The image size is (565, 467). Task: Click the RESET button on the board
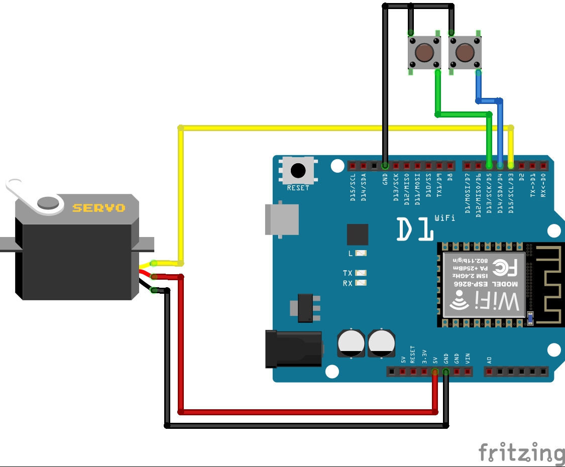click(298, 171)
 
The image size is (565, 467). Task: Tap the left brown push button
click(424, 51)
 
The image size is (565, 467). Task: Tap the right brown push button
click(465, 51)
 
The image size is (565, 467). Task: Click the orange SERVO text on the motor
click(98, 207)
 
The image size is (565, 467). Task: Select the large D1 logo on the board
click(415, 229)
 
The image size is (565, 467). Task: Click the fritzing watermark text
click(521, 453)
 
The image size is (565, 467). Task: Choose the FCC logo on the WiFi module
click(504, 268)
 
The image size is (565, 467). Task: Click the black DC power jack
click(294, 348)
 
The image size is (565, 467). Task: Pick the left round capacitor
click(352, 343)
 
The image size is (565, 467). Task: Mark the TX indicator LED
click(361, 273)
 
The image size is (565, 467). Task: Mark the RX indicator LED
click(361, 283)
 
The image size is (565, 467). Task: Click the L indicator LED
click(361, 254)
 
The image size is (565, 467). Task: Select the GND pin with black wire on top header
click(385, 165)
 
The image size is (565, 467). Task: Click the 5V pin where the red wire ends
click(435, 372)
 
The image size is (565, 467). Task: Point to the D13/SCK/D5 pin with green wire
click(489, 165)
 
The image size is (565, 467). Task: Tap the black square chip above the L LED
click(358, 235)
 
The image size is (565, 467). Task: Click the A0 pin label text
click(489, 360)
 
